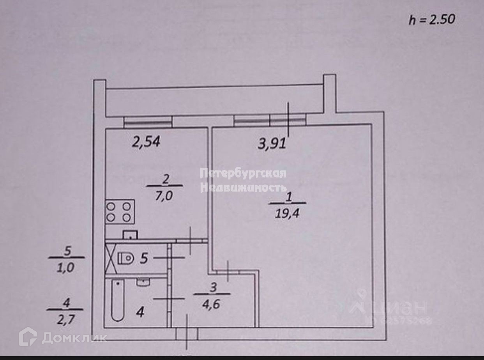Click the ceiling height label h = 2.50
[432, 19]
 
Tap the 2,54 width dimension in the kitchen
[146, 142]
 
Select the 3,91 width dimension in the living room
[272, 144]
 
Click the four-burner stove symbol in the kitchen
[120, 211]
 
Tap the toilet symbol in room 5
[125, 258]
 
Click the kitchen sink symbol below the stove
[131, 234]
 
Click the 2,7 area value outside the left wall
[65, 319]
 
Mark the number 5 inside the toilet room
[144, 258]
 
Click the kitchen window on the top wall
[148, 122]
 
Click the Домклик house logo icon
[28, 337]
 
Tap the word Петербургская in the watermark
[243, 173]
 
